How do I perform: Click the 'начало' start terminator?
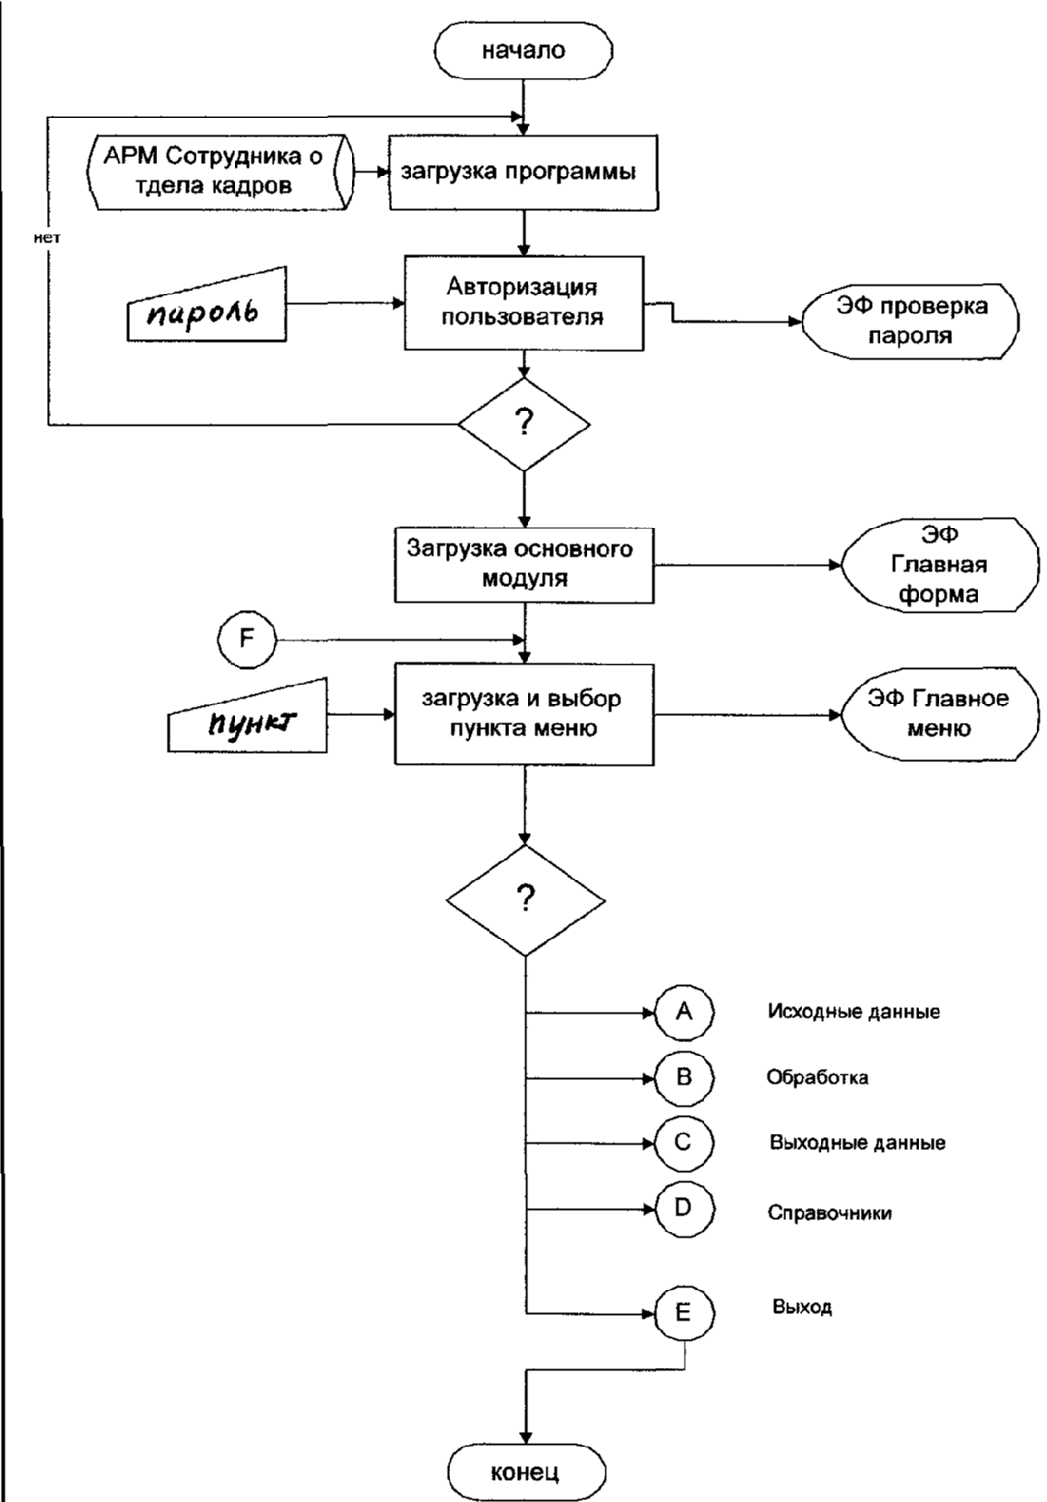523,51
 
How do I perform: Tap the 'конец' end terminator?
526,1472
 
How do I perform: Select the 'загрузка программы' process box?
523,172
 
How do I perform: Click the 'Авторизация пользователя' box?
523,302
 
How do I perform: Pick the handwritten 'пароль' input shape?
206,306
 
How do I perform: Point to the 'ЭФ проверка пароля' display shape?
911,322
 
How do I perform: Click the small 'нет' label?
47,238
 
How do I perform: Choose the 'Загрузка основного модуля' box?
523,565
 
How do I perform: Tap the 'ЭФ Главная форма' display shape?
940,565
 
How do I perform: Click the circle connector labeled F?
247,639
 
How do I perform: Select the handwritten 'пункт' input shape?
248,716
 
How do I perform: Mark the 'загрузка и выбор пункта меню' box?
523,714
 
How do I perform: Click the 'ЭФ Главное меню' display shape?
940,714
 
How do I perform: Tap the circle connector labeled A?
684,1013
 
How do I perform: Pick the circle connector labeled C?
684,1144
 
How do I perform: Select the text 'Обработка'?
818,1077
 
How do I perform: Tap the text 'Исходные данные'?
853,1012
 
